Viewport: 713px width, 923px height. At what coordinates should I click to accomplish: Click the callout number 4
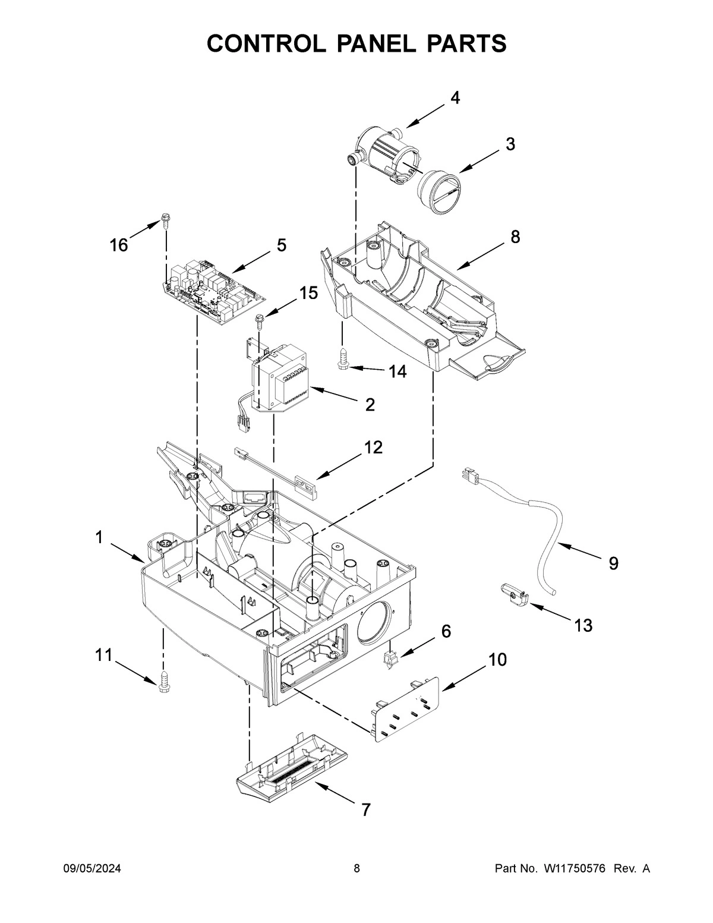pyautogui.click(x=455, y=98)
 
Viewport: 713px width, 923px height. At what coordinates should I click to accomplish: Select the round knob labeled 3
pyautogui.click(x=439, y=191)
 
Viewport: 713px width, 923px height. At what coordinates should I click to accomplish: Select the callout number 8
pyautogui.click(x=515, y=237)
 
